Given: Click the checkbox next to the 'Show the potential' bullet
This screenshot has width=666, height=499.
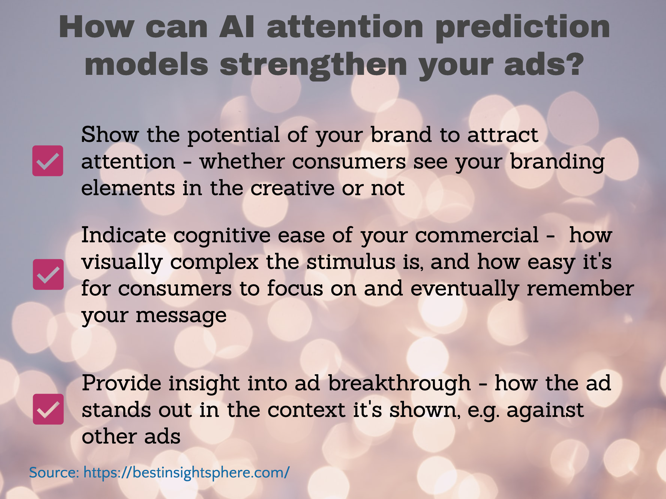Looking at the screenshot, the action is [47, 161].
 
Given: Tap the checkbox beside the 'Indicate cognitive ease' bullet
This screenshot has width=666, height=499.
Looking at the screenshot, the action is [48, 274].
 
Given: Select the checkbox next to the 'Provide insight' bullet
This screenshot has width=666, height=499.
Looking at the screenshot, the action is [48, 409].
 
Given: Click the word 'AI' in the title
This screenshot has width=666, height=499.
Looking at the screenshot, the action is [237, 27].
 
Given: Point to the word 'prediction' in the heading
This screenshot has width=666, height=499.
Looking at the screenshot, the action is [523, 29].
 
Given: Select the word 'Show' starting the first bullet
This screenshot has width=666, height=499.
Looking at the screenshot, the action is [110, 134].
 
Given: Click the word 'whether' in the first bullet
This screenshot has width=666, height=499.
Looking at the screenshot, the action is [242, 161].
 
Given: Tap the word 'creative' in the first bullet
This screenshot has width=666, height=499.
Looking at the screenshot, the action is [292, 188].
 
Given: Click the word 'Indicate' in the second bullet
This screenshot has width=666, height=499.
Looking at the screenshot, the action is [124, 235].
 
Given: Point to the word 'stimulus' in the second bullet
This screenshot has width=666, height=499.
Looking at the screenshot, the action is [351, 261].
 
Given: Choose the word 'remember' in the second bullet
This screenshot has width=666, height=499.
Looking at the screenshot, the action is [580, 288].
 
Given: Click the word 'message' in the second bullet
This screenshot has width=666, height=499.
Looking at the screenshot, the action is [181, 315].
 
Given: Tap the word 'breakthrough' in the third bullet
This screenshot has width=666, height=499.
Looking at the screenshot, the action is [400, 383].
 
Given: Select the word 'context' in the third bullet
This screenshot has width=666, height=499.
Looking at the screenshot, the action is [307, 410].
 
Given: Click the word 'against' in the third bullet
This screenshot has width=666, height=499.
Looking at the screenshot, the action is [545, 410].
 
